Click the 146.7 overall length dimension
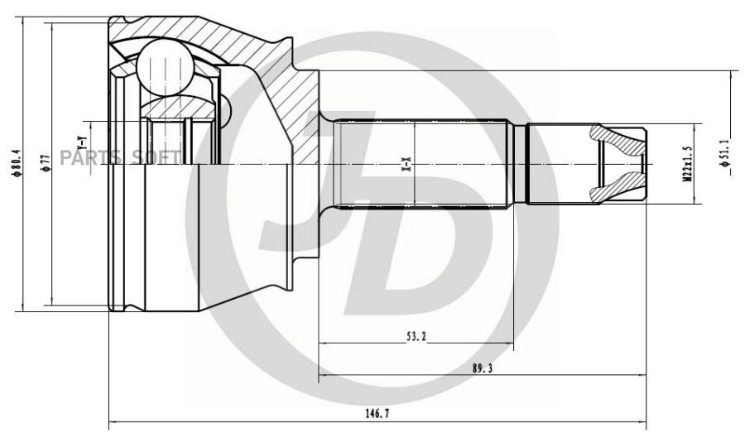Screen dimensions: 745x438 coord(377,413)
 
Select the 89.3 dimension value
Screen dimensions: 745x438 coord(483,368)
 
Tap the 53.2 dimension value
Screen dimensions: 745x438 coord(416,337)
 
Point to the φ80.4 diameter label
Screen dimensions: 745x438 coord(17,163)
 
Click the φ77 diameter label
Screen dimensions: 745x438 coord(46,163)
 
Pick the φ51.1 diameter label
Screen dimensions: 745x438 coord(725,153)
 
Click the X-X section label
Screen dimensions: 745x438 coord(407,165)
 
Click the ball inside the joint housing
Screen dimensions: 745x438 coord(165,66)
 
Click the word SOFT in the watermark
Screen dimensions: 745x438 coord(156,157)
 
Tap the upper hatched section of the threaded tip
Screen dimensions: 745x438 coord(618,140)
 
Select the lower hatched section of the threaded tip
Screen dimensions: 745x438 coord(618,188)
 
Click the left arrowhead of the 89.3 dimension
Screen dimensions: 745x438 coord(323,375)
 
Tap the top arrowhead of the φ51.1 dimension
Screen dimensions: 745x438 coord(731,75)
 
